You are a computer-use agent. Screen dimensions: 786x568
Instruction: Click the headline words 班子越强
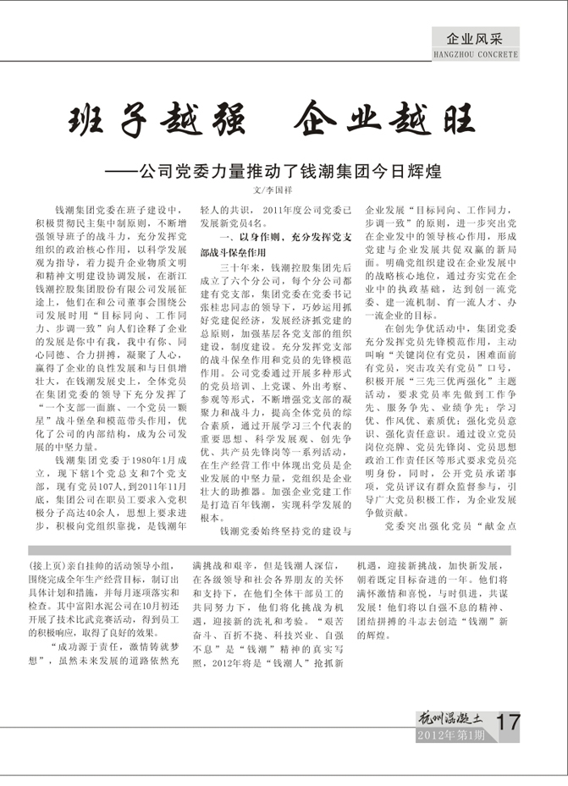pos(161,124)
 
